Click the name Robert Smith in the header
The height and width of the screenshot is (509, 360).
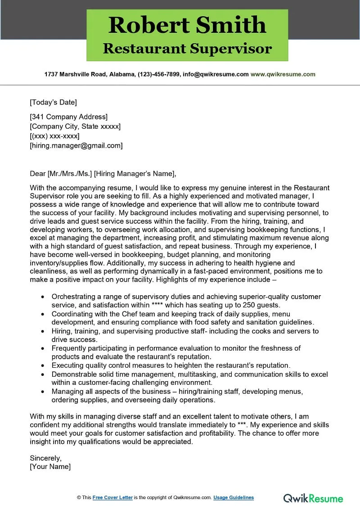click(x=187, y=25)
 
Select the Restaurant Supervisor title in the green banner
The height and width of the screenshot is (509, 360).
click(x=187, y=48)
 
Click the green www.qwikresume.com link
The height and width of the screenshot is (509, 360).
click(x=283, y=74)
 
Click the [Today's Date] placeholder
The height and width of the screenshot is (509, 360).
click(x=53, y=102)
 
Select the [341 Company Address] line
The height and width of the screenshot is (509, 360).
click(x=68, y=117)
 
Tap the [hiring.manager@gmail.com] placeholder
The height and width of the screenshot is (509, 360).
click(x=76, y=145)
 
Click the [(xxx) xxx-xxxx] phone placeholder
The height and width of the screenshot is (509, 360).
click(x=54, y=136)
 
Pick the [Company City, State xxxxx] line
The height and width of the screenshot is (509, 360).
click(x=75, y=126)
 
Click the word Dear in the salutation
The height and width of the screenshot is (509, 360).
click(x=38, y=174)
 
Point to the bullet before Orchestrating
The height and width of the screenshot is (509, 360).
click(x=42, y=297)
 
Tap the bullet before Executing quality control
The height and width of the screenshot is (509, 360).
click(x=42, y=365)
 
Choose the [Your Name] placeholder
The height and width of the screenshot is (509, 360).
click(x=50, y=467)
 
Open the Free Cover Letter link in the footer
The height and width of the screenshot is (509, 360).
click(x=112, y=497)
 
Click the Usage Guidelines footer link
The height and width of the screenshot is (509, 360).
click(x=234, y=497)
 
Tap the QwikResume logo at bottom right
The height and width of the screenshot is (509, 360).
click(x=313, y=498)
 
